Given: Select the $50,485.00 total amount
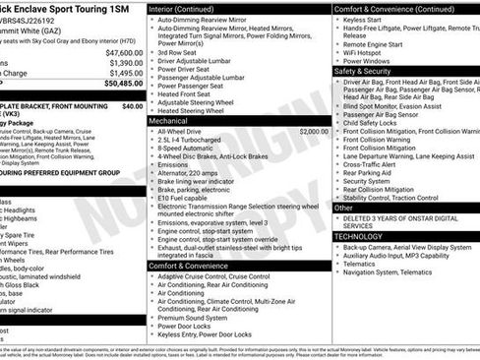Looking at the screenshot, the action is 123,84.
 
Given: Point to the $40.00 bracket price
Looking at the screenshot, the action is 132,105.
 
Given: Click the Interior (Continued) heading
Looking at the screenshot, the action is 189,8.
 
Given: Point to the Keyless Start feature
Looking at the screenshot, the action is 368,18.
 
